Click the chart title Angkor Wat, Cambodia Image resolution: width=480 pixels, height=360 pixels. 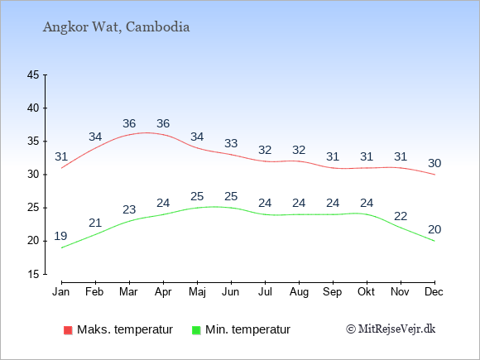pyautogui.click(x=116, y=27)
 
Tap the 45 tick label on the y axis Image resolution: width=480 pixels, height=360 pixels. pyautogui.click(x=33, y=74)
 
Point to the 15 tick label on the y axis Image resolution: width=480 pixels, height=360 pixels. pyautogui.click(x=33, y=274)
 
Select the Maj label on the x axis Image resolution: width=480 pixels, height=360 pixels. pyautogui.click(x=197, y=292)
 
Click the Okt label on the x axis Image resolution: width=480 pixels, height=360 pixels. pyautogui.click(x=366, y=291)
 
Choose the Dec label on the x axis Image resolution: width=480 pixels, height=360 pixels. pyautogui.click(x=434, y=291)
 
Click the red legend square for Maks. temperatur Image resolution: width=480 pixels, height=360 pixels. pyautogui.click(x=68, y=330)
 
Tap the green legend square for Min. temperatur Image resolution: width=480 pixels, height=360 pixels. pyautogui.click(x=196, y=330)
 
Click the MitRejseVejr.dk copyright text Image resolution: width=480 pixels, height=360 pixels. pyautogui.click(x=391, y=329)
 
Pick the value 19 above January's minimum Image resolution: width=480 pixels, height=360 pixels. pyautogui.click(x=60, y=236)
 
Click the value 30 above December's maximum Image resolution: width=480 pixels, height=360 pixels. pyautogui.click(x=434, y=163)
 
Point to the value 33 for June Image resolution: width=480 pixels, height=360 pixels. pyautogui.click(x=231, y=143)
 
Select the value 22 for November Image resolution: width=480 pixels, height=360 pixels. pyautogui.click(x=401, y=217)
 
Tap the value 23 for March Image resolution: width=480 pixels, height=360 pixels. pyautogui.click(x=129, y=209)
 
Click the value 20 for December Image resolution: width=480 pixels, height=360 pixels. pyautogui.click(x=434, y=229)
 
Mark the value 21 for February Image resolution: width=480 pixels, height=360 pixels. pyautogui.click(x=95, y=223)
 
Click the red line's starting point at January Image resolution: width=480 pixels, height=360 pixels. pyautogui.click(x=61, y=168)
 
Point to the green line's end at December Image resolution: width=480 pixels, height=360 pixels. pyautogui.click(x=434, y=241)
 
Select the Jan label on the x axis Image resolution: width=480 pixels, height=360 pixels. pyautogui.click(x=60, y=291)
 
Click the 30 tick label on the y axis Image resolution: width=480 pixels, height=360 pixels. pyautogui.click(x=33, y=175)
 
